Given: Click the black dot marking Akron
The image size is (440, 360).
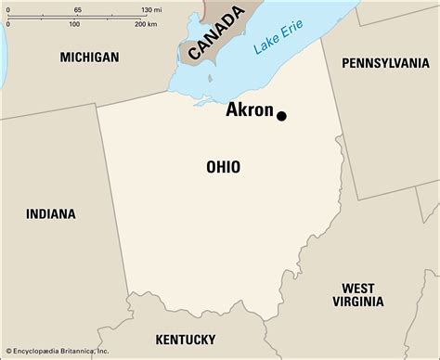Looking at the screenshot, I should [x=281, y=116].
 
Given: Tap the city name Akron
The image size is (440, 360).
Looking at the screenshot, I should [x=250, y=111].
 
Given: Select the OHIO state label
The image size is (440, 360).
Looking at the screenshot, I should [x=223, y=167].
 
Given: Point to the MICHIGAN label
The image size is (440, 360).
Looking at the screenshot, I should [x=89, y=58].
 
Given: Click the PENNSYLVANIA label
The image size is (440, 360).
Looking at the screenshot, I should [x=385, y=63].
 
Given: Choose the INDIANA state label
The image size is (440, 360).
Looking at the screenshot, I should [x=51, y=214].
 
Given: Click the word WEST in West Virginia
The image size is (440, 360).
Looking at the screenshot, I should [x=357, y=288].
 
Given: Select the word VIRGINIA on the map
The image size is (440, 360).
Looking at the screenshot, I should [x=357, y=302].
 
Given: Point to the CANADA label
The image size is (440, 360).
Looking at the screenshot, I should [x=215, y=33].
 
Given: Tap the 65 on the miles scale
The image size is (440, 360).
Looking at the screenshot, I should [x=77, y=8].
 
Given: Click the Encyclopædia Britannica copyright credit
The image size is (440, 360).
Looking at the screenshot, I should [x=61, y=353].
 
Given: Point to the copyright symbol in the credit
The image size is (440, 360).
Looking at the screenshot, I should [x=6, y=353].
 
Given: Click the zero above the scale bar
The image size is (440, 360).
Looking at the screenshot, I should [x=6, y=8].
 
